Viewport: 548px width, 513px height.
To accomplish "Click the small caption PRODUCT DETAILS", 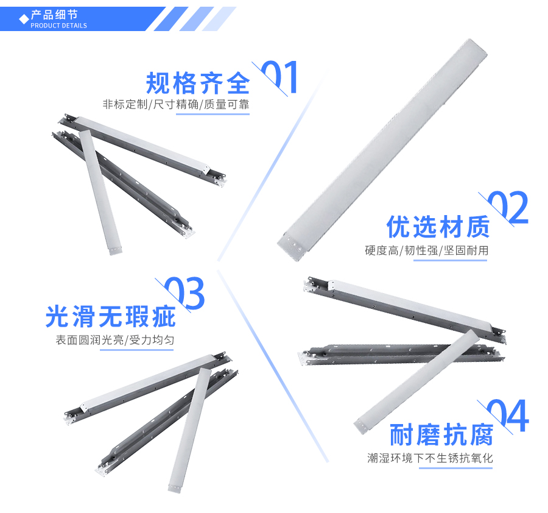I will (58, 26).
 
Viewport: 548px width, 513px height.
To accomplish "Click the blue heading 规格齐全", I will (198, 83).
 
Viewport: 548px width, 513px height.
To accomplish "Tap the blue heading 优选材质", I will (438, 227).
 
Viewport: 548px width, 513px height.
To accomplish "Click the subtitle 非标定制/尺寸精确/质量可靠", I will (176, 104).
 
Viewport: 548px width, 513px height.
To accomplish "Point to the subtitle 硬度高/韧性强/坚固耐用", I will (426, 250).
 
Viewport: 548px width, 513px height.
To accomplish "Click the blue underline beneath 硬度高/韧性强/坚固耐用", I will (450, 260).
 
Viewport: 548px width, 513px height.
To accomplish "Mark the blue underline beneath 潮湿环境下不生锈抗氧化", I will (454, 467).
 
